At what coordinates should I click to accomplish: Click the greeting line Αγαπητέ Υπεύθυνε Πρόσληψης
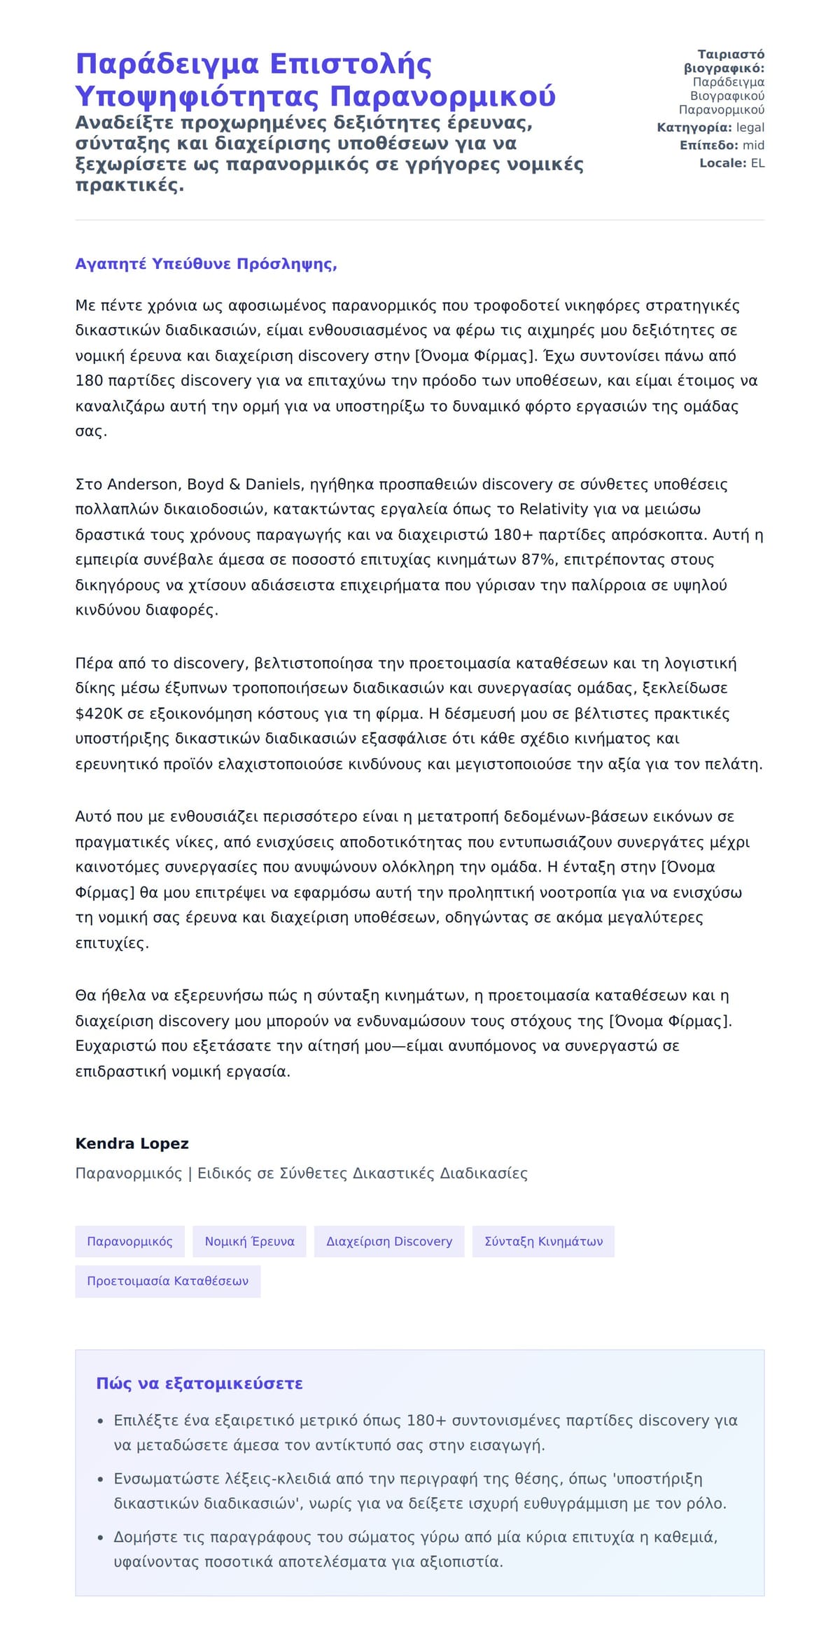[x=206, y=264]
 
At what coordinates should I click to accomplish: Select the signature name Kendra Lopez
[x=132, y=1143]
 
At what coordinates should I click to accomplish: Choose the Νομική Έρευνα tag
[x=249, y=1241]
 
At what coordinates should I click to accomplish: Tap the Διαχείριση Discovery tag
[x=389, y=1241]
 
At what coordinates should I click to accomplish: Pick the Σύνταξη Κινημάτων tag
[x=543, y=1241]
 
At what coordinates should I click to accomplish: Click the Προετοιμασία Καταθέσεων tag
[x=167, y=1281]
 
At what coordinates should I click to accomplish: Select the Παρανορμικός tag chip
[x=129, y=1241]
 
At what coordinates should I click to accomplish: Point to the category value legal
[x=750, y=127]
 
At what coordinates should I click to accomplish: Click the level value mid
[x=753, y=146]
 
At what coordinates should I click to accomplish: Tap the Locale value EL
[x=757, y=163]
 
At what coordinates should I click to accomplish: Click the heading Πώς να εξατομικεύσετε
[x=199, y=1384]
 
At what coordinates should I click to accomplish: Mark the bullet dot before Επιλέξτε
[x=100, y=1421]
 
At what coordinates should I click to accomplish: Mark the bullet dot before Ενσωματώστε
[x=100, y=1479]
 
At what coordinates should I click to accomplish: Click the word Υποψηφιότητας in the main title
[x=198, y=96]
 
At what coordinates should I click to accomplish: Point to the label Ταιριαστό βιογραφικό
[x=724, y=62]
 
